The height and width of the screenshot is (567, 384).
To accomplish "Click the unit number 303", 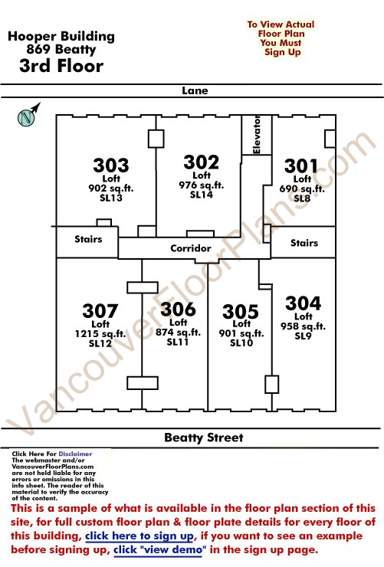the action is click(111, 166).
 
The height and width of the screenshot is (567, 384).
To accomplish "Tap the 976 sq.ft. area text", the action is click(202, 185).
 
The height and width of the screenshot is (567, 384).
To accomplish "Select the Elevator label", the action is click(257, 135).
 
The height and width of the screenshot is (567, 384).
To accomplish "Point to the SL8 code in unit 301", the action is click(302, 198).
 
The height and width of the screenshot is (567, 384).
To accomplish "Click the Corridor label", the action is click(191, 248).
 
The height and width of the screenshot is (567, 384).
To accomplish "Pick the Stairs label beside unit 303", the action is click(88, 239).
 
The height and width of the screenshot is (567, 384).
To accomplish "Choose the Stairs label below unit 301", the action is click(304, 243).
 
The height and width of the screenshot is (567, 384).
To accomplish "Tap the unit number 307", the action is click(100, 311).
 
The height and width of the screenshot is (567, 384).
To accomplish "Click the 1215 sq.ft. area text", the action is click(100, 334).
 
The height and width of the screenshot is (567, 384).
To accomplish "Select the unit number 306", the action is click(178, 310).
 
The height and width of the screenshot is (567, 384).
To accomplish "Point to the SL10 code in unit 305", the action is click(241, 342).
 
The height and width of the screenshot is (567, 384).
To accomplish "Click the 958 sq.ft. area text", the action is click(303, 326).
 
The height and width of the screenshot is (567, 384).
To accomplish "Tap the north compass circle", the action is click(26, 117).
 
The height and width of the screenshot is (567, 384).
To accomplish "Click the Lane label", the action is click(195, 90).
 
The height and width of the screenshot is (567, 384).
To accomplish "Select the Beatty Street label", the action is click(204, 438).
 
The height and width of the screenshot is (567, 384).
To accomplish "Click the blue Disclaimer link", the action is click(75, 454).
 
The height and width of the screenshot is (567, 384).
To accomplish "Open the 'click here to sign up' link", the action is click(139, 536).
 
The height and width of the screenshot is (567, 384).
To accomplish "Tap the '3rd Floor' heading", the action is click(61, 66).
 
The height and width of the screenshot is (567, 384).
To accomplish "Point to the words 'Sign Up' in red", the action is click(282, 52).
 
